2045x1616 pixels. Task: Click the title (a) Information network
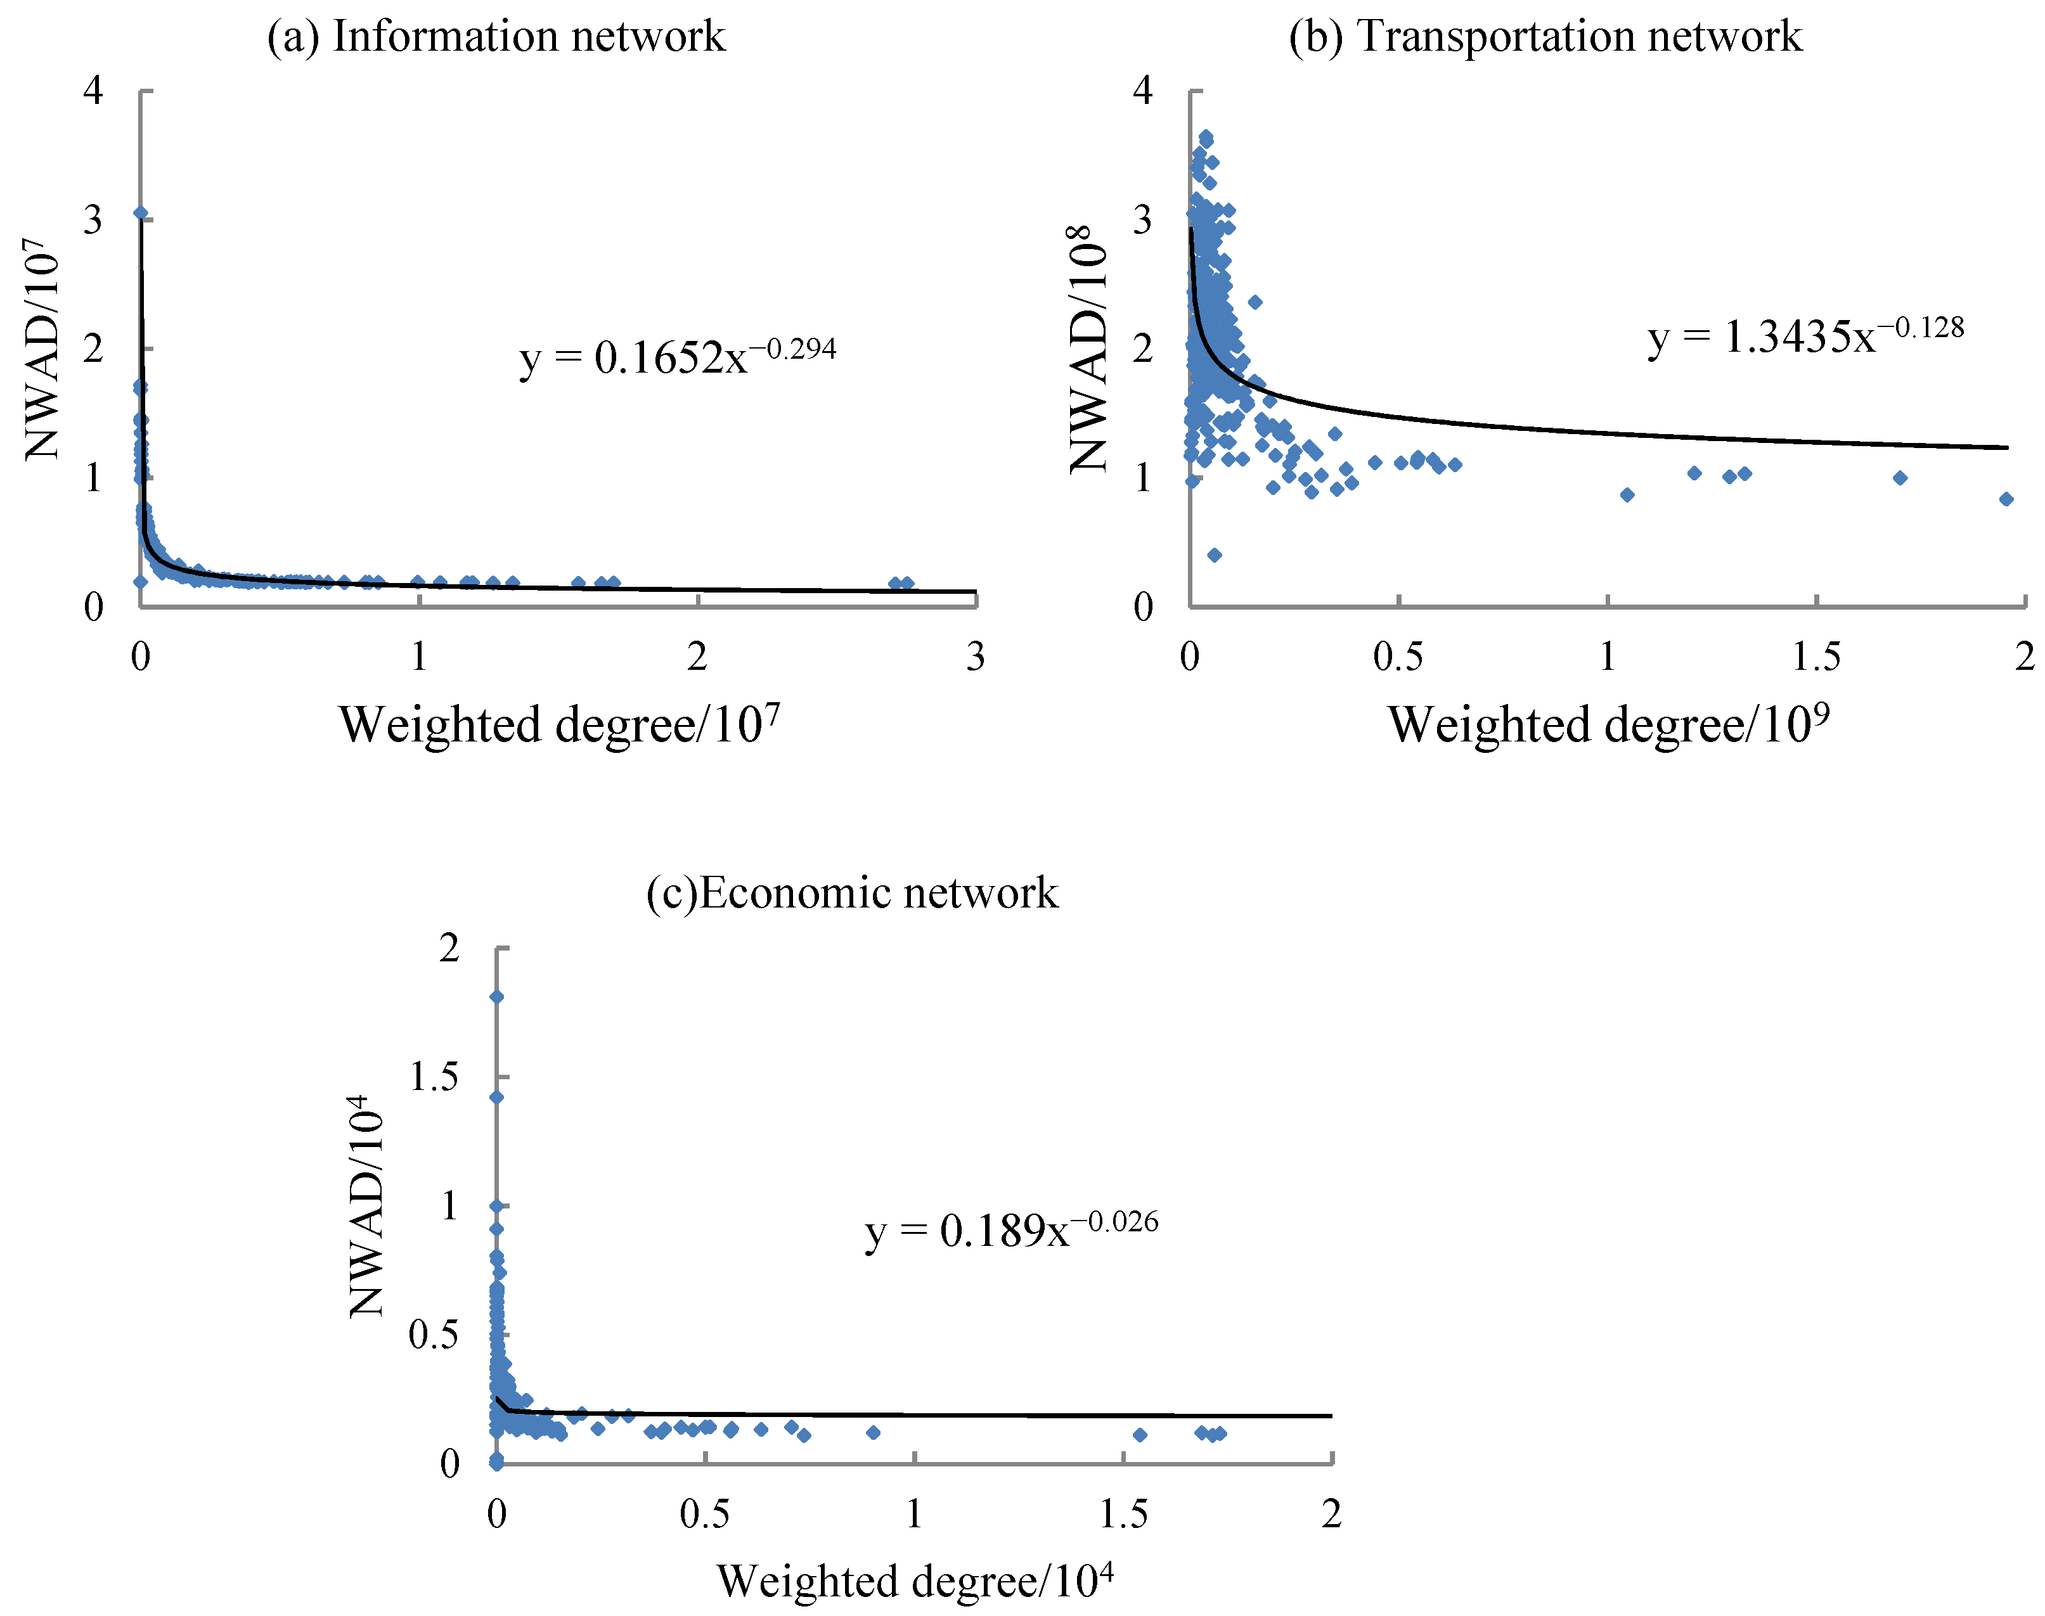pyautogui.click(x=496, y=36)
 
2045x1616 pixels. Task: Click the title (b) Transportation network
pyautogui.click(x=1545, y=36)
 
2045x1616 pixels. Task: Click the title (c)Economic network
pyautogui.click(x=852, y=893)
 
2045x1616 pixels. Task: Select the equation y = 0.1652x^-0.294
pyautogui.click(x=678, y=357)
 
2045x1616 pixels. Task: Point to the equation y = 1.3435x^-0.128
pyautogui.click(x=1805, y=335)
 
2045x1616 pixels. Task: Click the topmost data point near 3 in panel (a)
pyautogui.click(x=140, y=213)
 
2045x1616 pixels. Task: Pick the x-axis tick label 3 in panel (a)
pyautogui.click(x=975, y=657)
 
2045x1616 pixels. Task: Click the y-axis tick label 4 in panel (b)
pyautogui.click(x=1142, y=91)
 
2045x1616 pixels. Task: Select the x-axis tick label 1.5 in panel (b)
pyautogui.click(x=1816, y=657)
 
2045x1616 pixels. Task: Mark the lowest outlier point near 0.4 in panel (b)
pyautogui.click(x=1214, y=555)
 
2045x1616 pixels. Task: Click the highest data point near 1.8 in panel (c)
pyautogui.click(x=496, y=996)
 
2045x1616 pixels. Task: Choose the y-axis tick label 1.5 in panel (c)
pyautogui.click(x=434, y=1077)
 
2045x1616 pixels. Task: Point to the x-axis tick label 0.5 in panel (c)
pyautogui.click(x=705, y=1515)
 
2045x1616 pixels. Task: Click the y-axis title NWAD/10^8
pyautogui.click(x=1088, y=348)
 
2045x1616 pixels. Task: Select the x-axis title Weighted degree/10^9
pyautogui.click(x=1608, y=725)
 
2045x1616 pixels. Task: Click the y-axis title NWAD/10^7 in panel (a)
pyautogui.click(x=42, y=348)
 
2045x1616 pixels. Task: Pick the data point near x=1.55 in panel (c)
pyautogui.click(x=1139, y=1434)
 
